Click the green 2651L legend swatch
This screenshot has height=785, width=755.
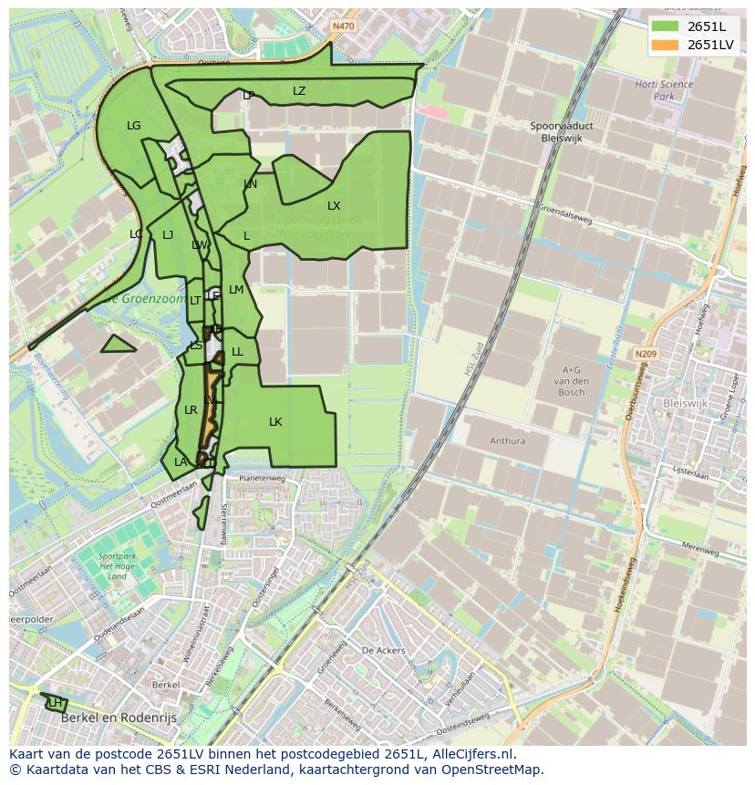(x=667, y=26)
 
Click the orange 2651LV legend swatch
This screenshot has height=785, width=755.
(x=667, y=45)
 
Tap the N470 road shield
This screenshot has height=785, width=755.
(x=343, y=26)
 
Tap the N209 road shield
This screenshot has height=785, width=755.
(x=646, y=354)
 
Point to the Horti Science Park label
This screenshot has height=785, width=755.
(x=664, y=90)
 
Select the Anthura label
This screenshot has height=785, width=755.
(x=507, y=441)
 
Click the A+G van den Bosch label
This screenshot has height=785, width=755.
(x=571, y=380)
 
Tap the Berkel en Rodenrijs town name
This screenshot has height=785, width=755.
(x=116, y=718)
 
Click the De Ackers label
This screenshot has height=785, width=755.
(x=383, y=651)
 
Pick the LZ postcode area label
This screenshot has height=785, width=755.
(x=299, y=91)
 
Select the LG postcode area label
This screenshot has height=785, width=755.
(x=134, y=126)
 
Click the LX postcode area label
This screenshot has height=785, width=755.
(x=334, y=206)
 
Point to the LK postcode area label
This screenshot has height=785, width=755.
(x=275, y=422)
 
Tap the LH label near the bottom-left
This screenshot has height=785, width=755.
(x=56, y=703)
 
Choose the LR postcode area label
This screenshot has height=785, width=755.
(x=191, y=410)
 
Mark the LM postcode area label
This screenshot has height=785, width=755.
(x=236, y=290)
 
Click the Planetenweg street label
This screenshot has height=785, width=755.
(x=262, y=478)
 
